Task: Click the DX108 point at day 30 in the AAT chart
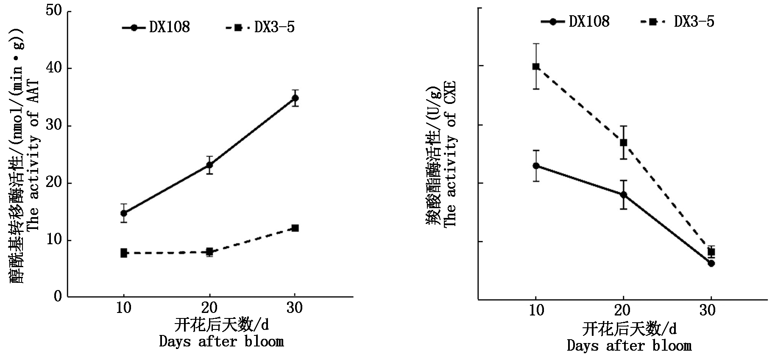pos(295,98)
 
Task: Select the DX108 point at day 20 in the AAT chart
pos(209,165)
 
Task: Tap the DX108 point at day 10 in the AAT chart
pos(124,213)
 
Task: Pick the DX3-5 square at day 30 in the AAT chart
pos(295,228)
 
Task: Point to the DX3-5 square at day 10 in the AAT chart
pos(124,253)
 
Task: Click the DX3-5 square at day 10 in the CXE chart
pos(536,66)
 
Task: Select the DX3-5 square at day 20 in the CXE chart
pos(623,142)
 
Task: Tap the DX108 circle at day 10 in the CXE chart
pos(536,166)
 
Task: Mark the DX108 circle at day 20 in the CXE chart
pos(623,195)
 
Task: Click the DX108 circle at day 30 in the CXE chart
pos(711,263)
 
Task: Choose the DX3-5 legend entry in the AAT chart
pos(260,28)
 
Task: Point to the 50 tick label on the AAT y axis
pos(54,11)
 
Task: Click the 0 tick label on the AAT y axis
pos(58,296)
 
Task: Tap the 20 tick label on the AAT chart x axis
pos(209,308)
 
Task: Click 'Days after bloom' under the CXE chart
pos(629,346)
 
